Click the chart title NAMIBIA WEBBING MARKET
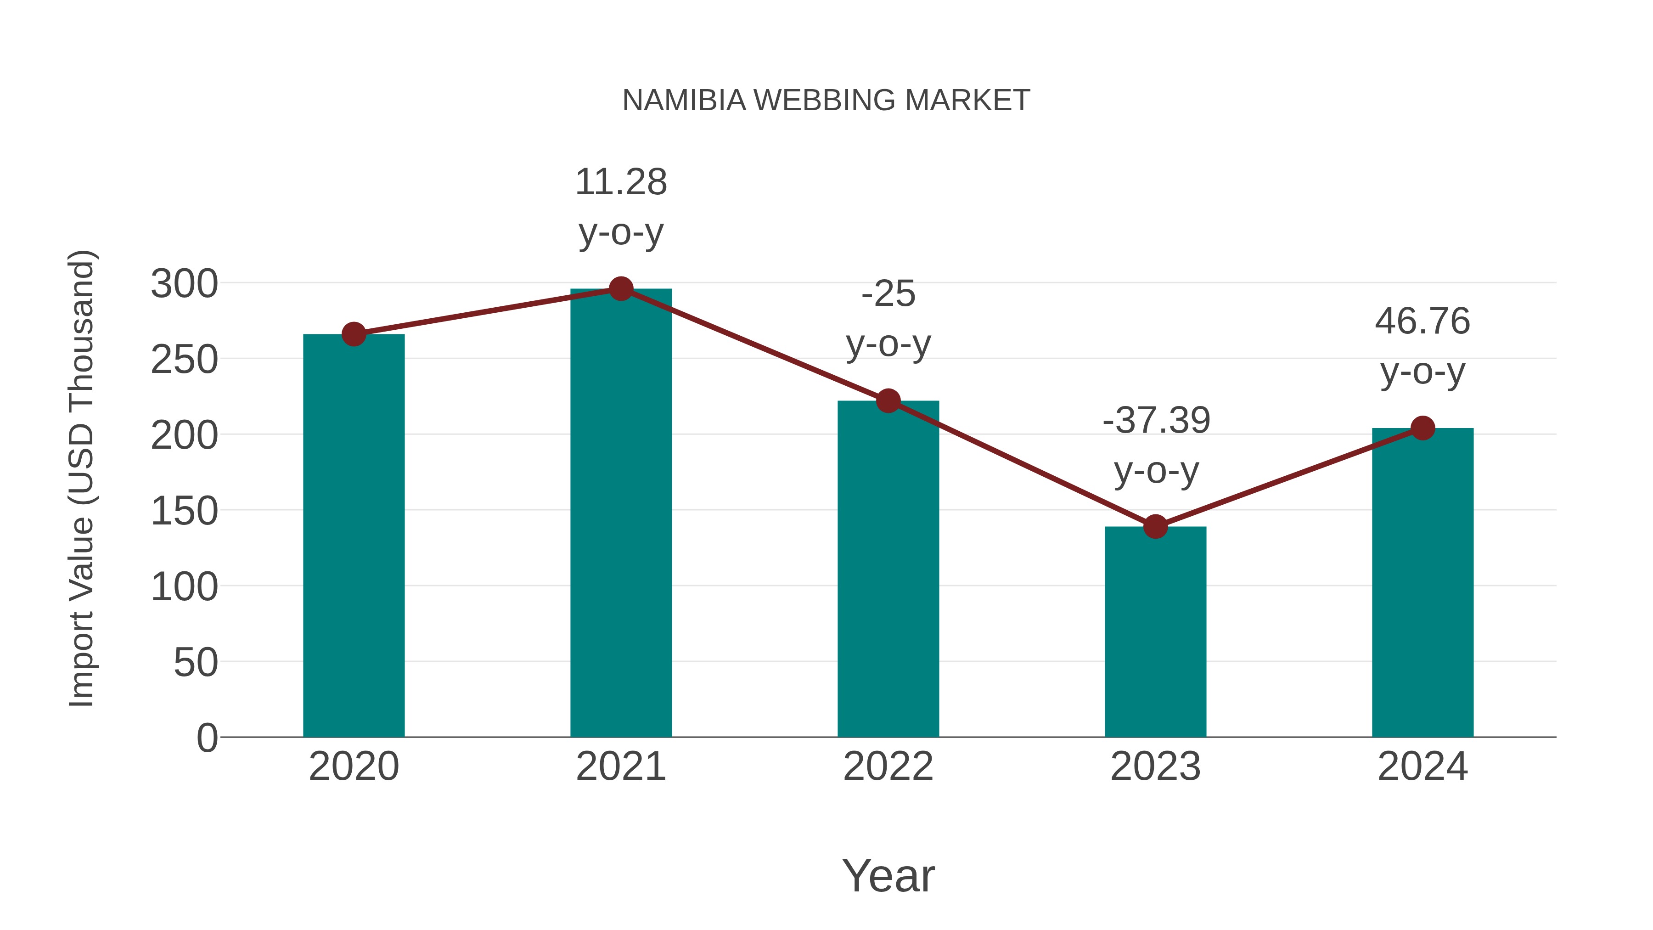click(x=826, y=101)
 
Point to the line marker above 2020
click(x=354, y=334)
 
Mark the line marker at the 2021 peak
click(x=620, y=289)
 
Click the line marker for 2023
click(x=1155, y=526)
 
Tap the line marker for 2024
click(x=1422, y=428)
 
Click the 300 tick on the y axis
click(x=184, y=284)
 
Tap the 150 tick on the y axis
click(x=184, y=512)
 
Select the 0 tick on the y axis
click(x=207, y=738)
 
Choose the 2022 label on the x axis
click(x=888, y=767)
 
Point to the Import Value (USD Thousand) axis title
click(x=82, y=478)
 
